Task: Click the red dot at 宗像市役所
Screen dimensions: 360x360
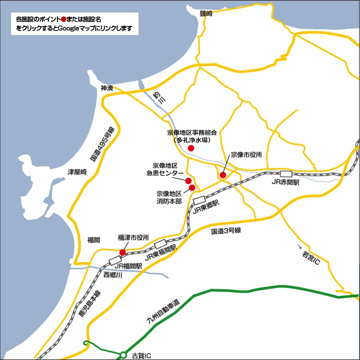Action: [222, 175]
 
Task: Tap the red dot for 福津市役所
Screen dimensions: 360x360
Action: [123, 252]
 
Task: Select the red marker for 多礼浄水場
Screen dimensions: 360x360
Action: [190, 148]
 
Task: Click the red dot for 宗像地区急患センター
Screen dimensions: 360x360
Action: [188, 180]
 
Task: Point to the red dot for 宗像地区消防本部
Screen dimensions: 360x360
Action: [192, 187]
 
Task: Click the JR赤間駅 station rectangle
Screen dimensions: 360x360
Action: [286, 173]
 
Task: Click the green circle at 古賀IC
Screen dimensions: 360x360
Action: [123, 355]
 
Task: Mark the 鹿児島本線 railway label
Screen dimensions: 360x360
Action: [90, 302]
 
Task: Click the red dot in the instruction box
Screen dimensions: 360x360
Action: [63, 19]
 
